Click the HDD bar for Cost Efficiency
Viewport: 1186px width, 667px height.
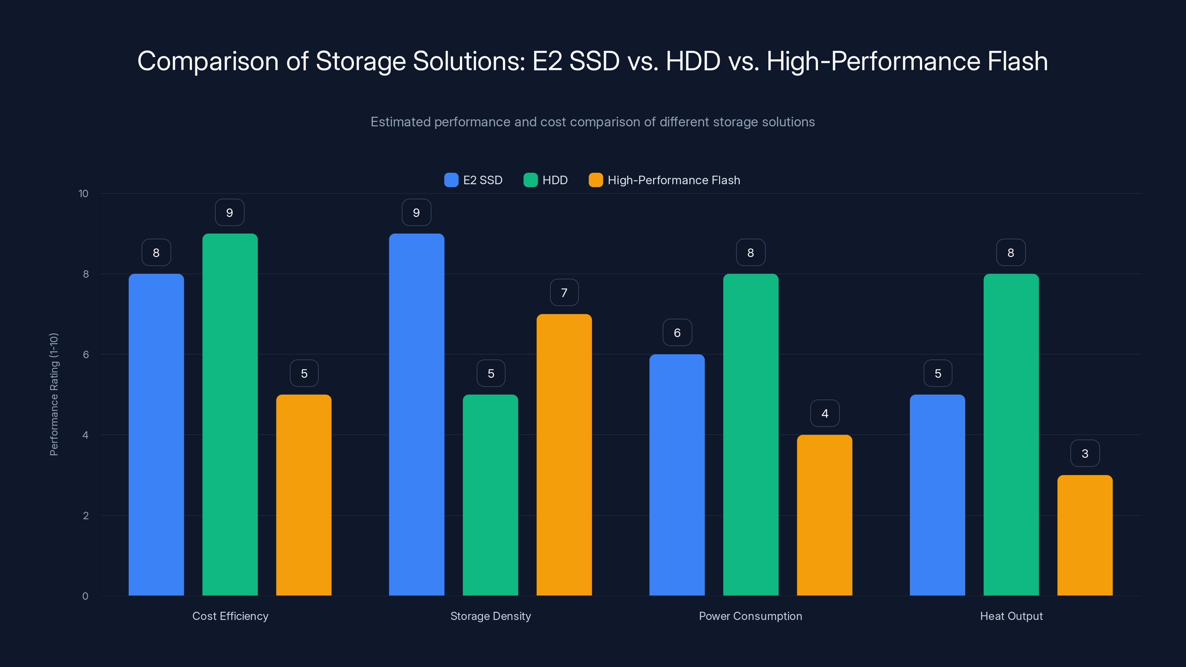[230, 414]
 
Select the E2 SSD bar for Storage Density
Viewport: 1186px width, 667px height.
[416, 414]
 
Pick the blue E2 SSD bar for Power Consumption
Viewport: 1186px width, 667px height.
[676, 475]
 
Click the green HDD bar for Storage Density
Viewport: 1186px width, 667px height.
[490, 495]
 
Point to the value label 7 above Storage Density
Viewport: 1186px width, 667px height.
[564, 293]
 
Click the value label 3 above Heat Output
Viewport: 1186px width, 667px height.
[1085, 454]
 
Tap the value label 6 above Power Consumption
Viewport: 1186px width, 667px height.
[677, 333]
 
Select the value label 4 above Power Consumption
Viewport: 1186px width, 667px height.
[825, 414]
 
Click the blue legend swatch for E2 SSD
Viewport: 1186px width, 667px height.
[451, 180]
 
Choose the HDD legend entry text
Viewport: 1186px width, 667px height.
[555, 180]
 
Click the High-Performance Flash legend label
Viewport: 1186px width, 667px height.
[673, 180]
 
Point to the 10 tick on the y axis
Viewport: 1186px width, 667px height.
[83, 193]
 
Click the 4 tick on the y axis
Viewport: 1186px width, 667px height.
[85, 435]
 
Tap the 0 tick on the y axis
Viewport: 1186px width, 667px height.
[85, 596]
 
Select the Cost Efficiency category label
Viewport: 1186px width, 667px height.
[230, 616]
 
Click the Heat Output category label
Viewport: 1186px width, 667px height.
[1011, 616]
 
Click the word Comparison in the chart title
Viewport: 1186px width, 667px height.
[208, 61]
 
